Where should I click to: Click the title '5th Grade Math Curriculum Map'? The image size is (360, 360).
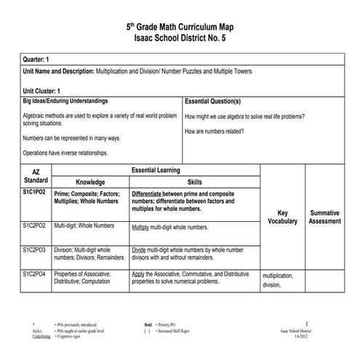pos(180,26)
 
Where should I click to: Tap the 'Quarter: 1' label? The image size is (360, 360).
pos(36,58)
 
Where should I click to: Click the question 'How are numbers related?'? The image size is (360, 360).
pos(215,131)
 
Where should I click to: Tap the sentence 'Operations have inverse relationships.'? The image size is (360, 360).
pos(65,153)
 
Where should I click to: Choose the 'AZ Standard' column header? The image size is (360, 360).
pos(36,175)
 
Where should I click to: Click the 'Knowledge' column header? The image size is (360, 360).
pos(90,182)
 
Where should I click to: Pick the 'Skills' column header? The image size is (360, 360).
pos(195,182)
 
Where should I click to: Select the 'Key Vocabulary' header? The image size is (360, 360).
pos(282,217)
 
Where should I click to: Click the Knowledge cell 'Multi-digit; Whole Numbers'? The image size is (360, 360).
pos(82,227)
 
